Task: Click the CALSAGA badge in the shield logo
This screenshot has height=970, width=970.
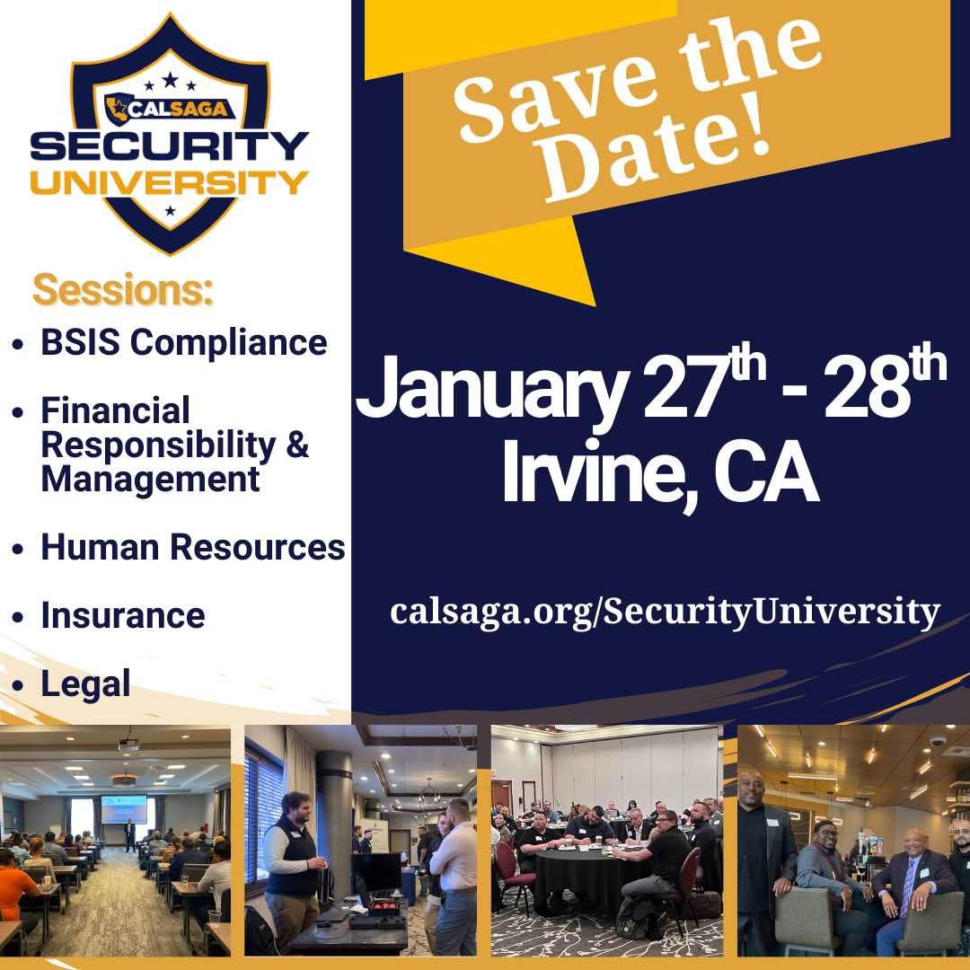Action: [x=170, y=110]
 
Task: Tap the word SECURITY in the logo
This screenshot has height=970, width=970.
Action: [x=170, y=146]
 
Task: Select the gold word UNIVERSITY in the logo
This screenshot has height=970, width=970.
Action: [x=170, y=182]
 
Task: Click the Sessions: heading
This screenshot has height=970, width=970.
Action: [x=122, y=289]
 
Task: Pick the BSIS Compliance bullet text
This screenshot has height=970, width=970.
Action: [x=184, y=342]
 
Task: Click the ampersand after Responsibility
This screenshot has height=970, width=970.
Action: [x=297, y=444]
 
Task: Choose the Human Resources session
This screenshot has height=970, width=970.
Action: [x=193, y=548]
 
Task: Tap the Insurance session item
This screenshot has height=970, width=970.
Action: [x=123, y=615]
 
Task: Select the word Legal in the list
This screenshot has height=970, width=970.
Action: [x=85, y=684]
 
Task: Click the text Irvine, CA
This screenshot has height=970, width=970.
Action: [x=661, y=472]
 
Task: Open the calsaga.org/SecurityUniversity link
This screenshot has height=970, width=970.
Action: [x=665, y=612]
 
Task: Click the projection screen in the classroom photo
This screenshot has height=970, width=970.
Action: [x=124, y=810]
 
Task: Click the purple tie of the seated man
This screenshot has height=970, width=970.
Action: [x=907, y=887]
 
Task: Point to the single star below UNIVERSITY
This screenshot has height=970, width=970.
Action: [x=170, y=211]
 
